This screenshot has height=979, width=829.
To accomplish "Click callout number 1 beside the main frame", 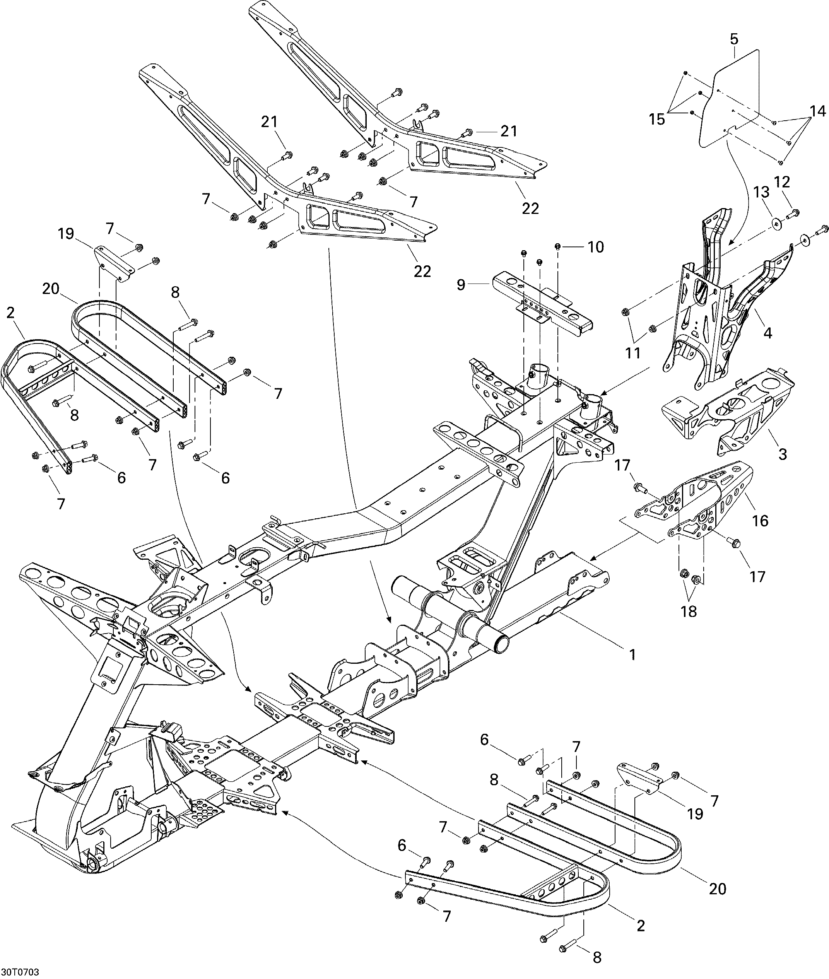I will pyautogui.click(x=633, y=654).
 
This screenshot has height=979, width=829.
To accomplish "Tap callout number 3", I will pyautogui.click(x=783, y=454).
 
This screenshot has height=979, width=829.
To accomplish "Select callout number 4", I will pyautogui.click(x=767, y=333).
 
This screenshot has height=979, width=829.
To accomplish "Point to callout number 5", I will pyautogui.click(x=735, y=39).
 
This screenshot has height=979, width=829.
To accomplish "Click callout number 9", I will pyautogui.click(x=461, y=285).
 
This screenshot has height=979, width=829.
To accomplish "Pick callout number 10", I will pyautogui.click(x=596, y=247).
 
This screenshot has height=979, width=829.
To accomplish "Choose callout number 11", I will pyautogui.click(x=633, y=352).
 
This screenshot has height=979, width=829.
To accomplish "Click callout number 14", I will pyautogui.click(x=818, y=111).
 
